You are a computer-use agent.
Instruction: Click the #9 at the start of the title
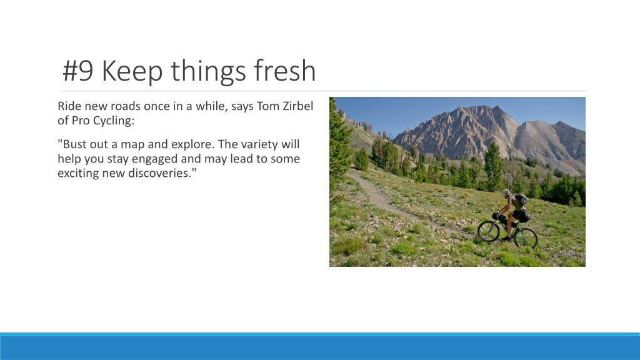(x=78, y=71)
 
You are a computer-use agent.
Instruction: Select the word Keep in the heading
(x=132, y=71)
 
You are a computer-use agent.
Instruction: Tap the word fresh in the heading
(x=284, y=71)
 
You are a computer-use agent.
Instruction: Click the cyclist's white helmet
(x=506, y=193)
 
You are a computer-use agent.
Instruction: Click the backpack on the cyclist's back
(x=520, y=201)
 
